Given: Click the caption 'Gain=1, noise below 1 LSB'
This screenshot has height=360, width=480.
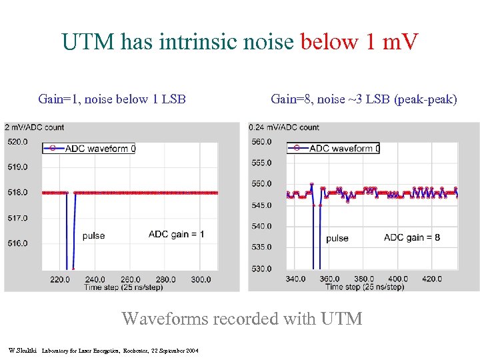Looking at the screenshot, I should coord(112,99).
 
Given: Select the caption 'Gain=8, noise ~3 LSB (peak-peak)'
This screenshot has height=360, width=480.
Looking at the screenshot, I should coord(364,99).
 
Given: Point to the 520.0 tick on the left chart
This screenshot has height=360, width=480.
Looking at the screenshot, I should coord(17,141).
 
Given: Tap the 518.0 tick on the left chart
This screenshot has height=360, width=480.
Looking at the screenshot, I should coord(17,193).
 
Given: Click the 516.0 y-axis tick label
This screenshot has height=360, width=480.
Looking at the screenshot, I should coord(17,243).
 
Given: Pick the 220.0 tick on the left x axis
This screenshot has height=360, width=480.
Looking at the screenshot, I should coord(60,280).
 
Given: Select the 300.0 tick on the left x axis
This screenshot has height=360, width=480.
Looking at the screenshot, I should coord(200,280).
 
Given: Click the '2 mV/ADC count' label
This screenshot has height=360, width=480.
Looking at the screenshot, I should coord(35,127).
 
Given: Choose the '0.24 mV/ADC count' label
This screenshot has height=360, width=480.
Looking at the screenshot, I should coord(284,127).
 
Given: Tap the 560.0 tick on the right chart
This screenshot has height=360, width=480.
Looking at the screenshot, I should coord(261,141).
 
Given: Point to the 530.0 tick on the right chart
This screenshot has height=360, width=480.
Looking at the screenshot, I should coord(261,268).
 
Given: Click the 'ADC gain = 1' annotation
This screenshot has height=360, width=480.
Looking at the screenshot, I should coord(176,234).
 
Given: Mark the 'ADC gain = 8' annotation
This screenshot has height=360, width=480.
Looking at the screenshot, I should coord(412,237).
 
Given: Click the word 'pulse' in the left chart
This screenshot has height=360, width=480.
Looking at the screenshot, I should coord(93,236).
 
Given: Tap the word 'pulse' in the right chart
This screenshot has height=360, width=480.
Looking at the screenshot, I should coord(337,238).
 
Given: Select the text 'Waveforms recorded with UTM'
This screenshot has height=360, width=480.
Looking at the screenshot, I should coord(241,319).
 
